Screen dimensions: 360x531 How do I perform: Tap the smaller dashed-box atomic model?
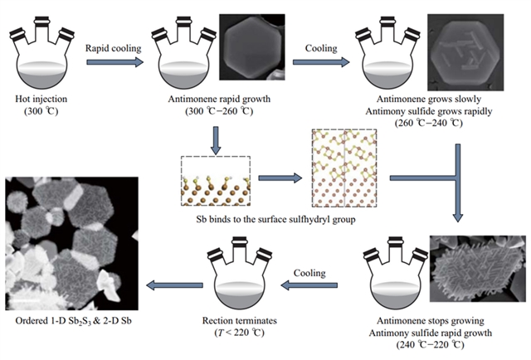click(x=215, y=180)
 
